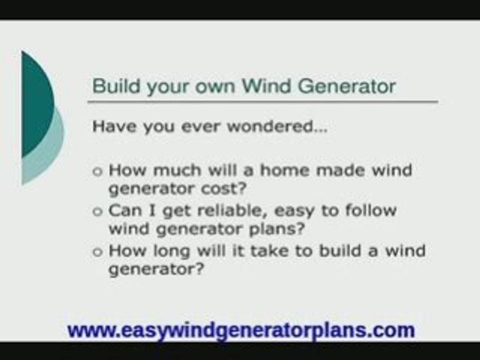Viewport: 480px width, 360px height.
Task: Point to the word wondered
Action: click(277, 126)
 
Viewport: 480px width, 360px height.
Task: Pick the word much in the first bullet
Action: click(177, 170)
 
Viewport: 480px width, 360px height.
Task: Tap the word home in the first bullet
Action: click(284, 170)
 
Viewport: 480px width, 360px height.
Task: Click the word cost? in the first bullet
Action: click(224, 188)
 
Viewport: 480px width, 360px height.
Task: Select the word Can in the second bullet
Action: click(125, 210)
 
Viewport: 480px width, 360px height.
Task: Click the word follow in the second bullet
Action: click(370, 210)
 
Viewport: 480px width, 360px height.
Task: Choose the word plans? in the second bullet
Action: click(277, 229)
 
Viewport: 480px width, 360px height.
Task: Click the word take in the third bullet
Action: click(269, 250)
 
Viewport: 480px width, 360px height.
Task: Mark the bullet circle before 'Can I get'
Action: click(97, 211)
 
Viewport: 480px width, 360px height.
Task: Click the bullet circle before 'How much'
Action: click(97, 171)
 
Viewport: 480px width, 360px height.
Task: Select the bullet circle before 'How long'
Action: click(97, 252)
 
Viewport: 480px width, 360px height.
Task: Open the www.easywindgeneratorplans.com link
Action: click(241, 330)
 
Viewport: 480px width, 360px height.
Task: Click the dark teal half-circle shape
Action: click(36, 104)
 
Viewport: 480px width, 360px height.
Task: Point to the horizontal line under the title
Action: click(262, 101)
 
